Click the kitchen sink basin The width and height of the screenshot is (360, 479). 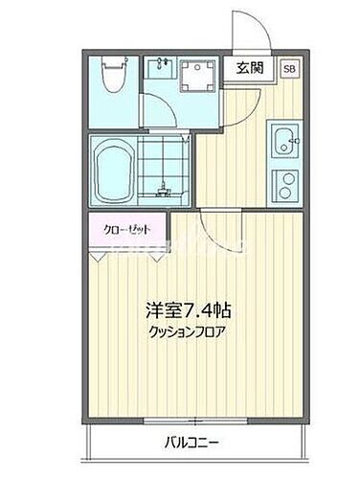tap(283, 143)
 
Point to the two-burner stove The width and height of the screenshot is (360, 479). tap(283, 183)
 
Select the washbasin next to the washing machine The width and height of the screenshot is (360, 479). tap(159, 68)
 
